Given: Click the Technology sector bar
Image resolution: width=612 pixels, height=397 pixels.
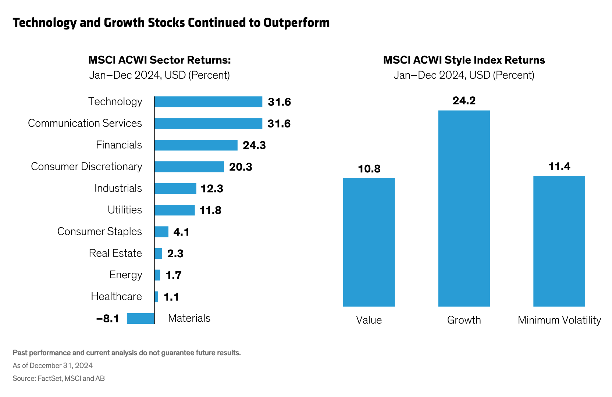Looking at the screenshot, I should tap(208, 102).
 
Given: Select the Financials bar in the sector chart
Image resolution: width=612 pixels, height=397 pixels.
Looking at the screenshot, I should tap(196, 145).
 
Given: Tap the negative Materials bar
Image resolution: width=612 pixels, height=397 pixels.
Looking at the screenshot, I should tap(140, 318).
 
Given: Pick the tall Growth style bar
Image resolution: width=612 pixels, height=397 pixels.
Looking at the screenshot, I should tap(464, 208).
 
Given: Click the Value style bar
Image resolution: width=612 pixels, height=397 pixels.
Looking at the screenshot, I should tap(369, 242).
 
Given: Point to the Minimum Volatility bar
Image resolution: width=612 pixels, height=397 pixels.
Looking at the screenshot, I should tap(559, 241).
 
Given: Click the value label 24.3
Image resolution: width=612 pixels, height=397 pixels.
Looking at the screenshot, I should tap(254, 145).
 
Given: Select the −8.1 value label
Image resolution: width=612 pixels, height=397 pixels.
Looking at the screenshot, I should tap(108, 318).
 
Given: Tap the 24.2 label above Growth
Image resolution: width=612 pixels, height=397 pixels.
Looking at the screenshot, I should tap(464, 101).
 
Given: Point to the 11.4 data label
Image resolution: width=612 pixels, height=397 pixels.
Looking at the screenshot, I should tap(559, 167).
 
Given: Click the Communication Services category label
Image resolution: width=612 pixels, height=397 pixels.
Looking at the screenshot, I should tap(85, 123).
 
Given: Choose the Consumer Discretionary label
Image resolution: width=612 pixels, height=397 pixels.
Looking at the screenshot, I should tap(86, 167).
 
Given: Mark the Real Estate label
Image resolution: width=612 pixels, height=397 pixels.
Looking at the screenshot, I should tap(115, 253).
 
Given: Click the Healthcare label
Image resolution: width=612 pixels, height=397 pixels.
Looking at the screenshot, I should tap(116, 297).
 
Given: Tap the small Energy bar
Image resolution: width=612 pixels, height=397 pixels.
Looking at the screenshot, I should tap(157, 275).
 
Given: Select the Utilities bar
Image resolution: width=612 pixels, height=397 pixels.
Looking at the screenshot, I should tap(174, 210).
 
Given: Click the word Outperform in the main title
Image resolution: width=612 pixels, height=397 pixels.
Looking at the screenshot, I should tap(296, 23).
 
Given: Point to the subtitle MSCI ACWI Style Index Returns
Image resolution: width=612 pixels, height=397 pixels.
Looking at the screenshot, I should tap(464, 60).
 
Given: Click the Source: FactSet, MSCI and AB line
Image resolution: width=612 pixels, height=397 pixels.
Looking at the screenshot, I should tap(58, 378).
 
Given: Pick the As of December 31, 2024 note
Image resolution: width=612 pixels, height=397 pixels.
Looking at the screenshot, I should tap(53, 365).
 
